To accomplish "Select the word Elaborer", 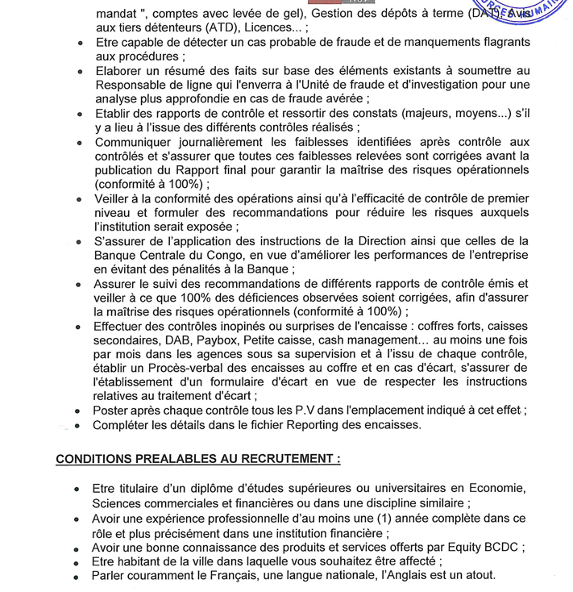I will coord(121,71).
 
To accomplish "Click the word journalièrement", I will coord(212,142).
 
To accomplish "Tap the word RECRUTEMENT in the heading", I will coord(277,459).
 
